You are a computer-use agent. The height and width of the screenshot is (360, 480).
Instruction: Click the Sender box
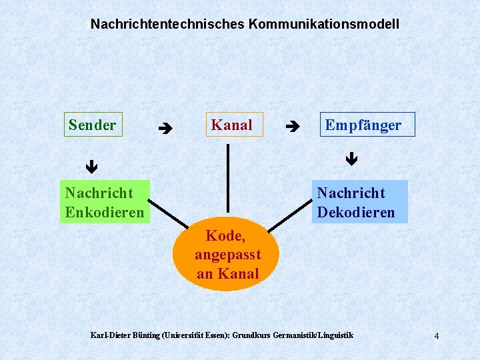93,125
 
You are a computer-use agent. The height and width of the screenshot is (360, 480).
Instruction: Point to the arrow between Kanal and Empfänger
291,125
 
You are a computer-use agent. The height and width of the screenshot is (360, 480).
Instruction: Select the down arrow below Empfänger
352,159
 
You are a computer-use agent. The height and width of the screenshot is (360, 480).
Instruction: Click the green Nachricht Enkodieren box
105,203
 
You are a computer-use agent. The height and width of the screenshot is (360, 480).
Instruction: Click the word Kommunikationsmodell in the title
324,24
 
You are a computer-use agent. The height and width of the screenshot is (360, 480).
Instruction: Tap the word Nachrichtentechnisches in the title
167,24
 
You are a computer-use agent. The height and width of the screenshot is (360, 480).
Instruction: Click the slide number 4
436,336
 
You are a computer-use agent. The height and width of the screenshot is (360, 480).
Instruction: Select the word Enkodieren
105,213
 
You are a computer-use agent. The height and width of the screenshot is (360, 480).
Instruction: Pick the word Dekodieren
356,213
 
